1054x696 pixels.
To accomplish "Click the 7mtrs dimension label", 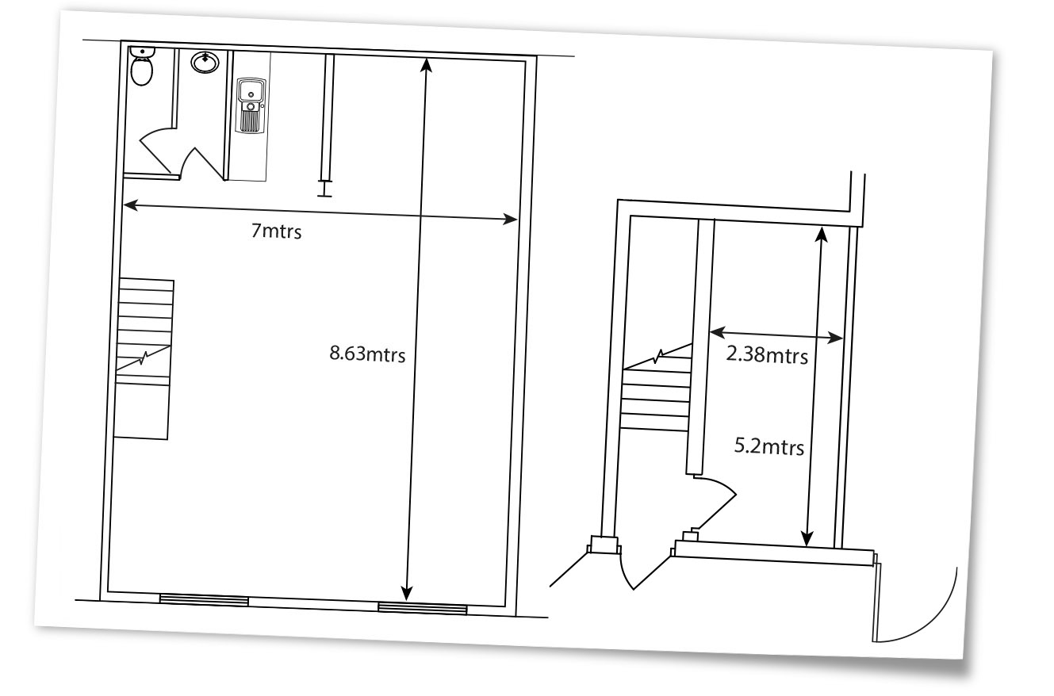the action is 276,231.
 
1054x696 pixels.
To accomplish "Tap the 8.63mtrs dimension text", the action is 367,354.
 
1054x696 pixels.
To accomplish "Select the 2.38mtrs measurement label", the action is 767,355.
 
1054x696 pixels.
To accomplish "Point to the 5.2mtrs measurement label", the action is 768,446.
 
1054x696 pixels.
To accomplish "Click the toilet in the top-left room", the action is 141,66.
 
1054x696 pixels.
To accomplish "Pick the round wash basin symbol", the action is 205,63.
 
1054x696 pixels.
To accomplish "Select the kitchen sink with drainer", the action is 251,105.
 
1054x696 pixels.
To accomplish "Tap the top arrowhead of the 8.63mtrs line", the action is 427,64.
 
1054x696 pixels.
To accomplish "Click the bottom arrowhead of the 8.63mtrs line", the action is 407,594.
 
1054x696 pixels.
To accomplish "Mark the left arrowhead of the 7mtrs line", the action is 130,205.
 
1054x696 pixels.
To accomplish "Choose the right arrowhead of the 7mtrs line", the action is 510,219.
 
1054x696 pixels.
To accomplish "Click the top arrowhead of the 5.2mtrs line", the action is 822,234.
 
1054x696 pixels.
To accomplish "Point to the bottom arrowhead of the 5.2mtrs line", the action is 807,539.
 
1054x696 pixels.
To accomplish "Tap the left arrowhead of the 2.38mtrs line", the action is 717,332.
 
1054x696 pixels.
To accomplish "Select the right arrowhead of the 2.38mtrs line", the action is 835,338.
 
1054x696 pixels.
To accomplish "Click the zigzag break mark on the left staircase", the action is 144,359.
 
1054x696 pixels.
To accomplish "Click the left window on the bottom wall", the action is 204,599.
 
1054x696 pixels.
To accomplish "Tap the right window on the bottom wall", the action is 423,609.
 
